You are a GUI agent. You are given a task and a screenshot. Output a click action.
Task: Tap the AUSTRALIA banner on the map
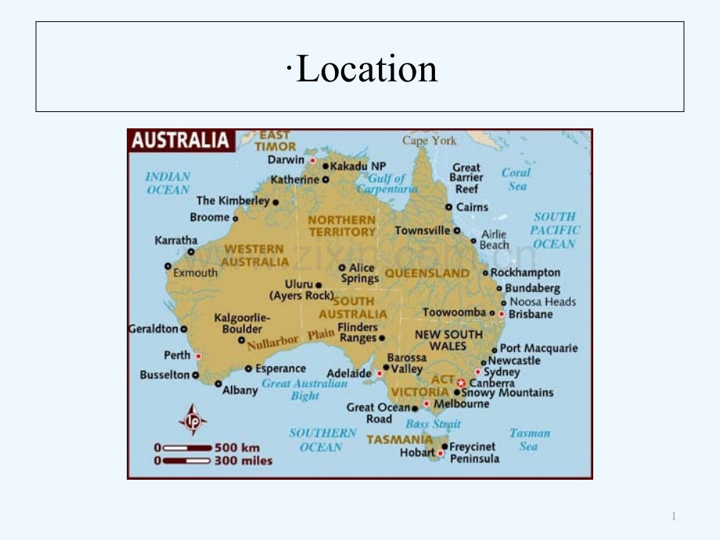click(180, 141)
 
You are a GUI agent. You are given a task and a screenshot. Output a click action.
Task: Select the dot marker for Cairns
click(448, 207)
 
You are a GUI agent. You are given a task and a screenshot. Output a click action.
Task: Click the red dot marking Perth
click(198, 356)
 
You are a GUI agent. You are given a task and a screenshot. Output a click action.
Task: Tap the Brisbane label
click(531, 314)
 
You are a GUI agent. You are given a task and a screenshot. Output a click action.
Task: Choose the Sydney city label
click(502, 372)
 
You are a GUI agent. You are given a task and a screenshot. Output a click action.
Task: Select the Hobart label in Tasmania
click(417, 452)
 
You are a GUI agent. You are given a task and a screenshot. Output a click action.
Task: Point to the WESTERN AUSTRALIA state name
click(255, 255)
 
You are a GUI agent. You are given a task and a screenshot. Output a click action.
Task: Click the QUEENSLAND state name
click(427, 273)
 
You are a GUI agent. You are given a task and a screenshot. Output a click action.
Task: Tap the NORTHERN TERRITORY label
click(342, 226)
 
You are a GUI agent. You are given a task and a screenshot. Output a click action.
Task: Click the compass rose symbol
click(193, 419)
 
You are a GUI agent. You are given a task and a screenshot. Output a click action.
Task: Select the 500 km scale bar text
click(239, 448)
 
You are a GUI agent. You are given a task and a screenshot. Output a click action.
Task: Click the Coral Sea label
click(517, 179)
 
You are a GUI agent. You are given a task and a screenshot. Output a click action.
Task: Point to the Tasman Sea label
click(530, 439)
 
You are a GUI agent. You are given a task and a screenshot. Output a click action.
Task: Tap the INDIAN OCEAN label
click(168, 183)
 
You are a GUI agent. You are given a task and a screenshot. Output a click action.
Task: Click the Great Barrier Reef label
click(466, 178)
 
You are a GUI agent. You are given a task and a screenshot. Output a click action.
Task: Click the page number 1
click(673, 516)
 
